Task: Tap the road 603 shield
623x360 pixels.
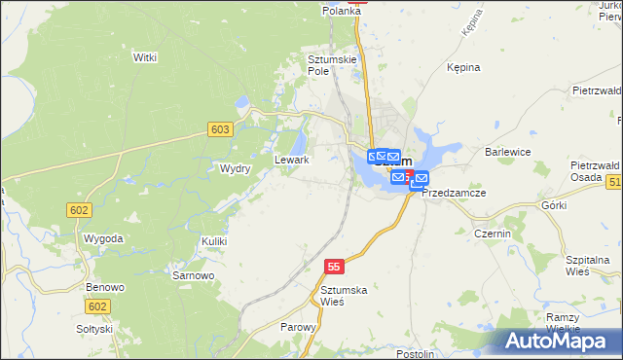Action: pos(220,129)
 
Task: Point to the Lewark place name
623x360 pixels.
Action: pos(292,160)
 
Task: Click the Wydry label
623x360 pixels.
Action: pos(236,168)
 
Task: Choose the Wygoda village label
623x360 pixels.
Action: pos(103,238)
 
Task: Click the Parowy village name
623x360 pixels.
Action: pos(298,328)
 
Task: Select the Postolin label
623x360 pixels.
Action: pos(416,353)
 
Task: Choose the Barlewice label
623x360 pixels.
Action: pos(507,152)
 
